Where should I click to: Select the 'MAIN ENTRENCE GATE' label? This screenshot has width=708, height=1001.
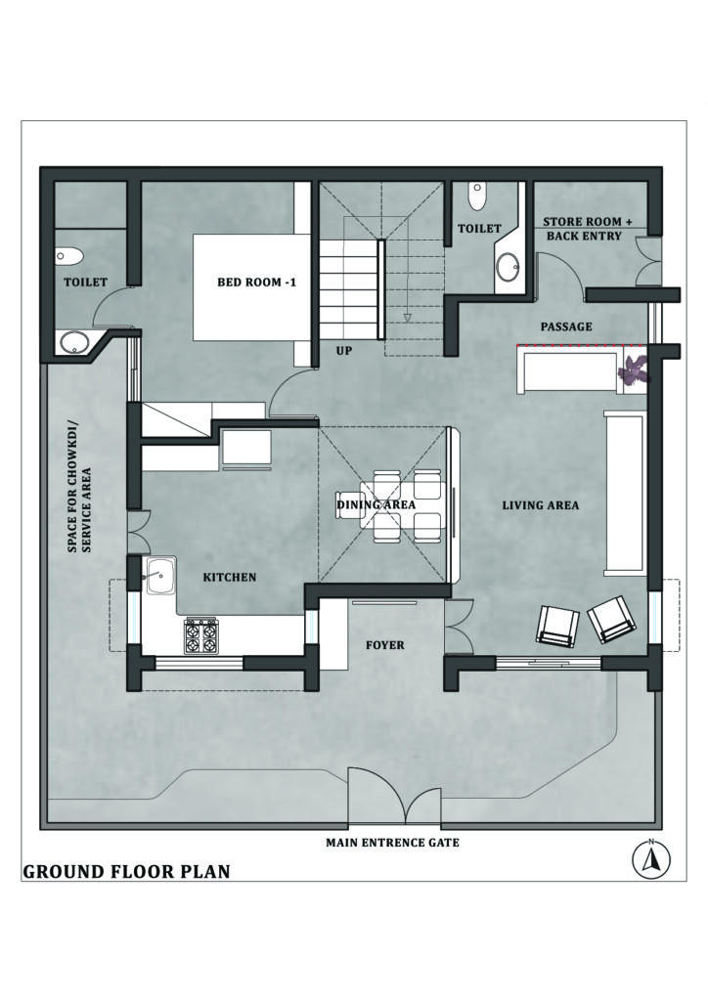point(392,842)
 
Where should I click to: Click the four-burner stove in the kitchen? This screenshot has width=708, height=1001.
point(200,635)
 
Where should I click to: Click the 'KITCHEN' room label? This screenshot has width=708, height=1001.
point(230,578)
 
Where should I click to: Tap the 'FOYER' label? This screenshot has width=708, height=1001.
point(384,645)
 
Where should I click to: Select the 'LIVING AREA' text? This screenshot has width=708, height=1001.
point(540,505)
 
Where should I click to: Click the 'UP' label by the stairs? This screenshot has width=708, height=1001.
point(343,349)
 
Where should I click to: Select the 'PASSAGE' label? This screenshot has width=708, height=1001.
point(566,326)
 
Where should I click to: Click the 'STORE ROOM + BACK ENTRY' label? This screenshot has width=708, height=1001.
point(588,229)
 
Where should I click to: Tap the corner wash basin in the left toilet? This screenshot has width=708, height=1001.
point(74,341)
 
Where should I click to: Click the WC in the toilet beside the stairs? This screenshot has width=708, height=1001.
point(477,196)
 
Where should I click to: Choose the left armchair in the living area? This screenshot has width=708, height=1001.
point(557,625)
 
